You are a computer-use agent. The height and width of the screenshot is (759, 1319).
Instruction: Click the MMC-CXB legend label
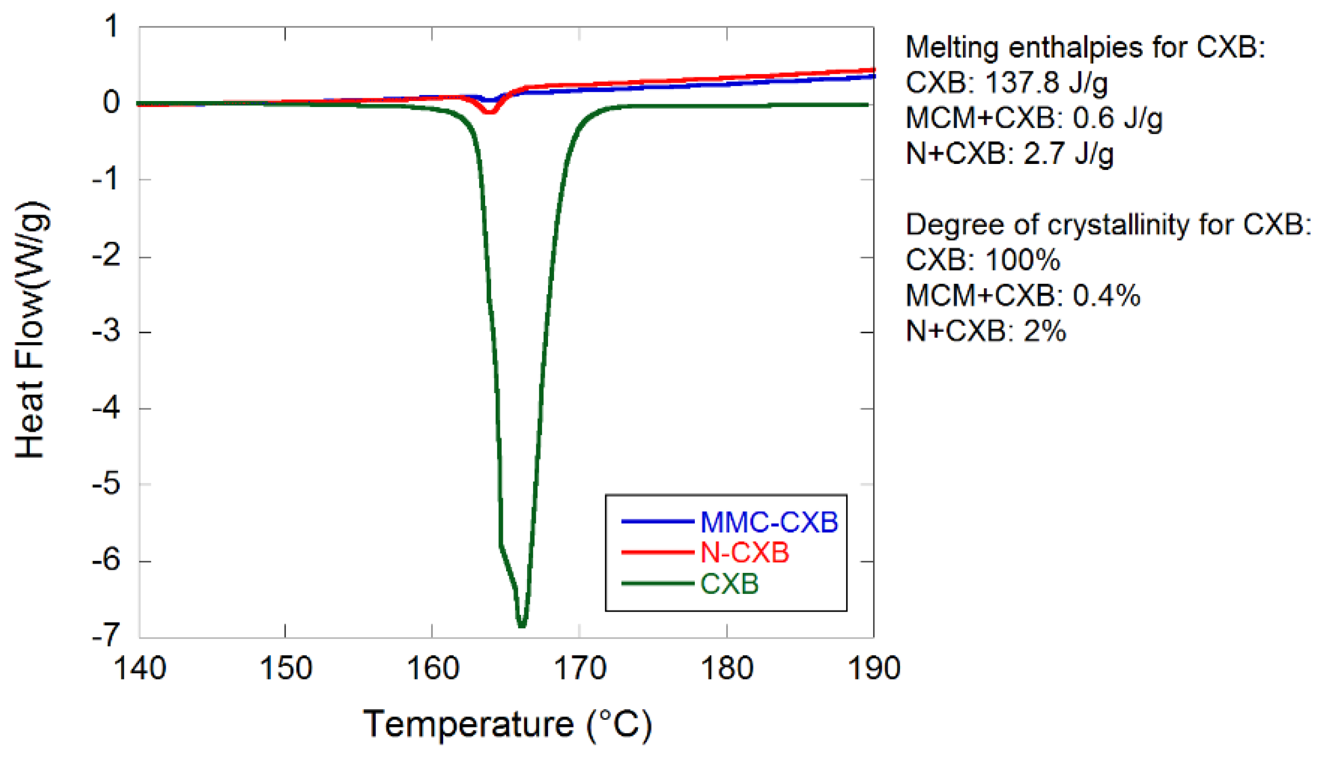[x=768, y=522]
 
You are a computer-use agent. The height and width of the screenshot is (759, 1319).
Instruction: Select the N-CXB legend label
[x=744, y=553]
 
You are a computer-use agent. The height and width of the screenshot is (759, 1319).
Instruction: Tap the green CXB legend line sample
[x=657, y=583]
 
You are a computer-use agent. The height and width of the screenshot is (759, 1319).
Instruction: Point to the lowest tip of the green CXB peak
[x=522, y=626]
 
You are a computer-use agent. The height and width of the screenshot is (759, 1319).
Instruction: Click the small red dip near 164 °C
[x=490, y=111]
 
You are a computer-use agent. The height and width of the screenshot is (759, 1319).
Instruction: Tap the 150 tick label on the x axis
[x=285, y=668]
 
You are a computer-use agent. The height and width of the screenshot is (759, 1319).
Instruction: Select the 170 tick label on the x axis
[x=579, y=668]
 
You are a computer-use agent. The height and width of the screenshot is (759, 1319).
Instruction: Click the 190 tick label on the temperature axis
[x=874, y=668]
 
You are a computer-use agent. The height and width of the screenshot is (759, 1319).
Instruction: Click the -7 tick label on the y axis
[x=107, y=635]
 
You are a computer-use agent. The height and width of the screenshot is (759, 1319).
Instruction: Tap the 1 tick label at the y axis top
[x=112, y=26]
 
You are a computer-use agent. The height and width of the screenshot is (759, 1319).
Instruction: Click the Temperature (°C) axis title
[x=507, y=724]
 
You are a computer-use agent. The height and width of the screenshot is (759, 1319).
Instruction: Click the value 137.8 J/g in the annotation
[x=1046, y=83]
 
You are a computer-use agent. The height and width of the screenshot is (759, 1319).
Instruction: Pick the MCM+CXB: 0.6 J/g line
[x=1034, y=118]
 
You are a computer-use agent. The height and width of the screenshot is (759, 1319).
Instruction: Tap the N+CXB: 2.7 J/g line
[x=1009, y=153]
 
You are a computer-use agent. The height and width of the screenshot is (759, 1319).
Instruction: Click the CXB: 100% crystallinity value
[x=982, y=259]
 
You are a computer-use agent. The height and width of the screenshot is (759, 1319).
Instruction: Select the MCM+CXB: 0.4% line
[x=1023, y=295]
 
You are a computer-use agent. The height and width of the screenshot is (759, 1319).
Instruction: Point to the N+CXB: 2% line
[x=986, y=331]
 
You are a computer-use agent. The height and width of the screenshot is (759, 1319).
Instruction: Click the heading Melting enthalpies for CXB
[x=1085, y=47]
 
